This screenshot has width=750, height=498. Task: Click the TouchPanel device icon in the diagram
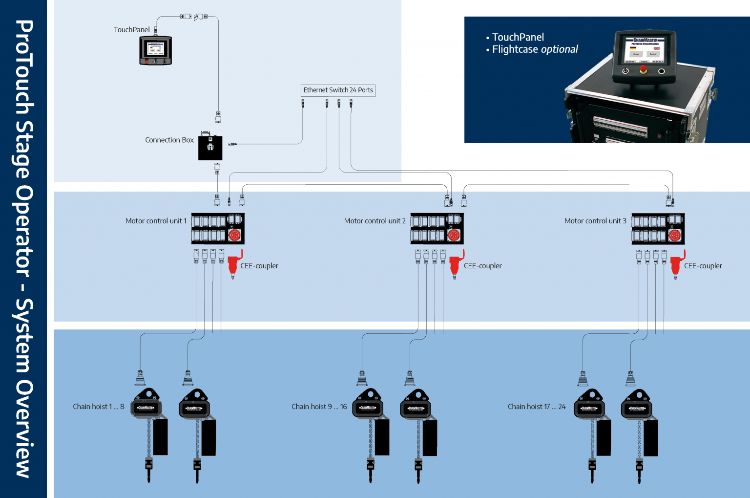point(155,50)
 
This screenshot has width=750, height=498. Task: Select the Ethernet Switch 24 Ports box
point(338,90)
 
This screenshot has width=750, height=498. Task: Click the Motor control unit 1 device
point(217,229)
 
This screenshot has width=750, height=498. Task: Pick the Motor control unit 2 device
point(437,229)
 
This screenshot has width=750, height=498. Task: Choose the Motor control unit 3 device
point(658,229)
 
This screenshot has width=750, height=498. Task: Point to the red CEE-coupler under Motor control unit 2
point(456,264)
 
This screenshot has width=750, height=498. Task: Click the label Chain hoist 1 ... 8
point(99,407)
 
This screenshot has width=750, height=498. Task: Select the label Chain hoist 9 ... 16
point(319,407)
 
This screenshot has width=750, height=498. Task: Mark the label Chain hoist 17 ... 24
point(537,407)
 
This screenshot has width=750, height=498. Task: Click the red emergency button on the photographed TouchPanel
point(643,69)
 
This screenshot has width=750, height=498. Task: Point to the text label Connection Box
point(169,140)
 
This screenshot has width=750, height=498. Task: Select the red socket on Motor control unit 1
point(235,236)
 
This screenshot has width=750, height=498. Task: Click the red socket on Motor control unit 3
point(675,236)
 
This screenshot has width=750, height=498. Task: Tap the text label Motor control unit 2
point(375,221)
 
